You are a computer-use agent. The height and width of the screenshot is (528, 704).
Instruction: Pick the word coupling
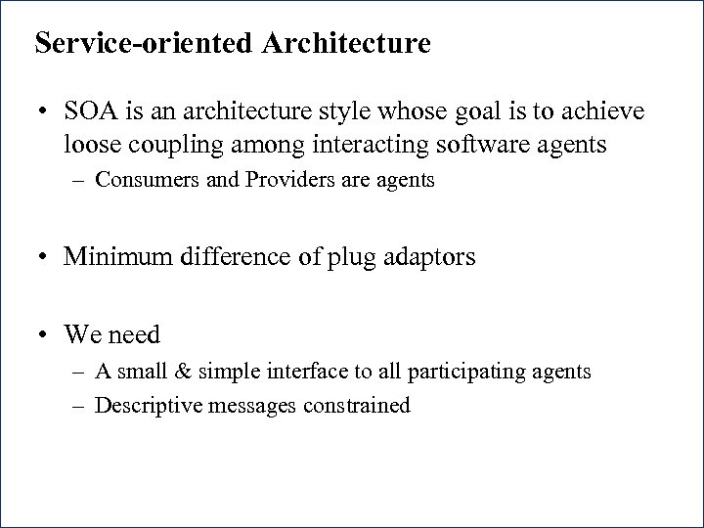click(x=172, y=145)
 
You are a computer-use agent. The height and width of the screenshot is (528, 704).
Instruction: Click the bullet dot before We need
click(x=44, y=334)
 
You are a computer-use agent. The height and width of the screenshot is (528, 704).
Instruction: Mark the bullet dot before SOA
click(x=44, y=114)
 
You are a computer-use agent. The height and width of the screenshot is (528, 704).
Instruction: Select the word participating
click(x=478, y=372)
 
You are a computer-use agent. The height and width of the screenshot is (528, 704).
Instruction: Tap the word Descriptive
click(x=147, y=404)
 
